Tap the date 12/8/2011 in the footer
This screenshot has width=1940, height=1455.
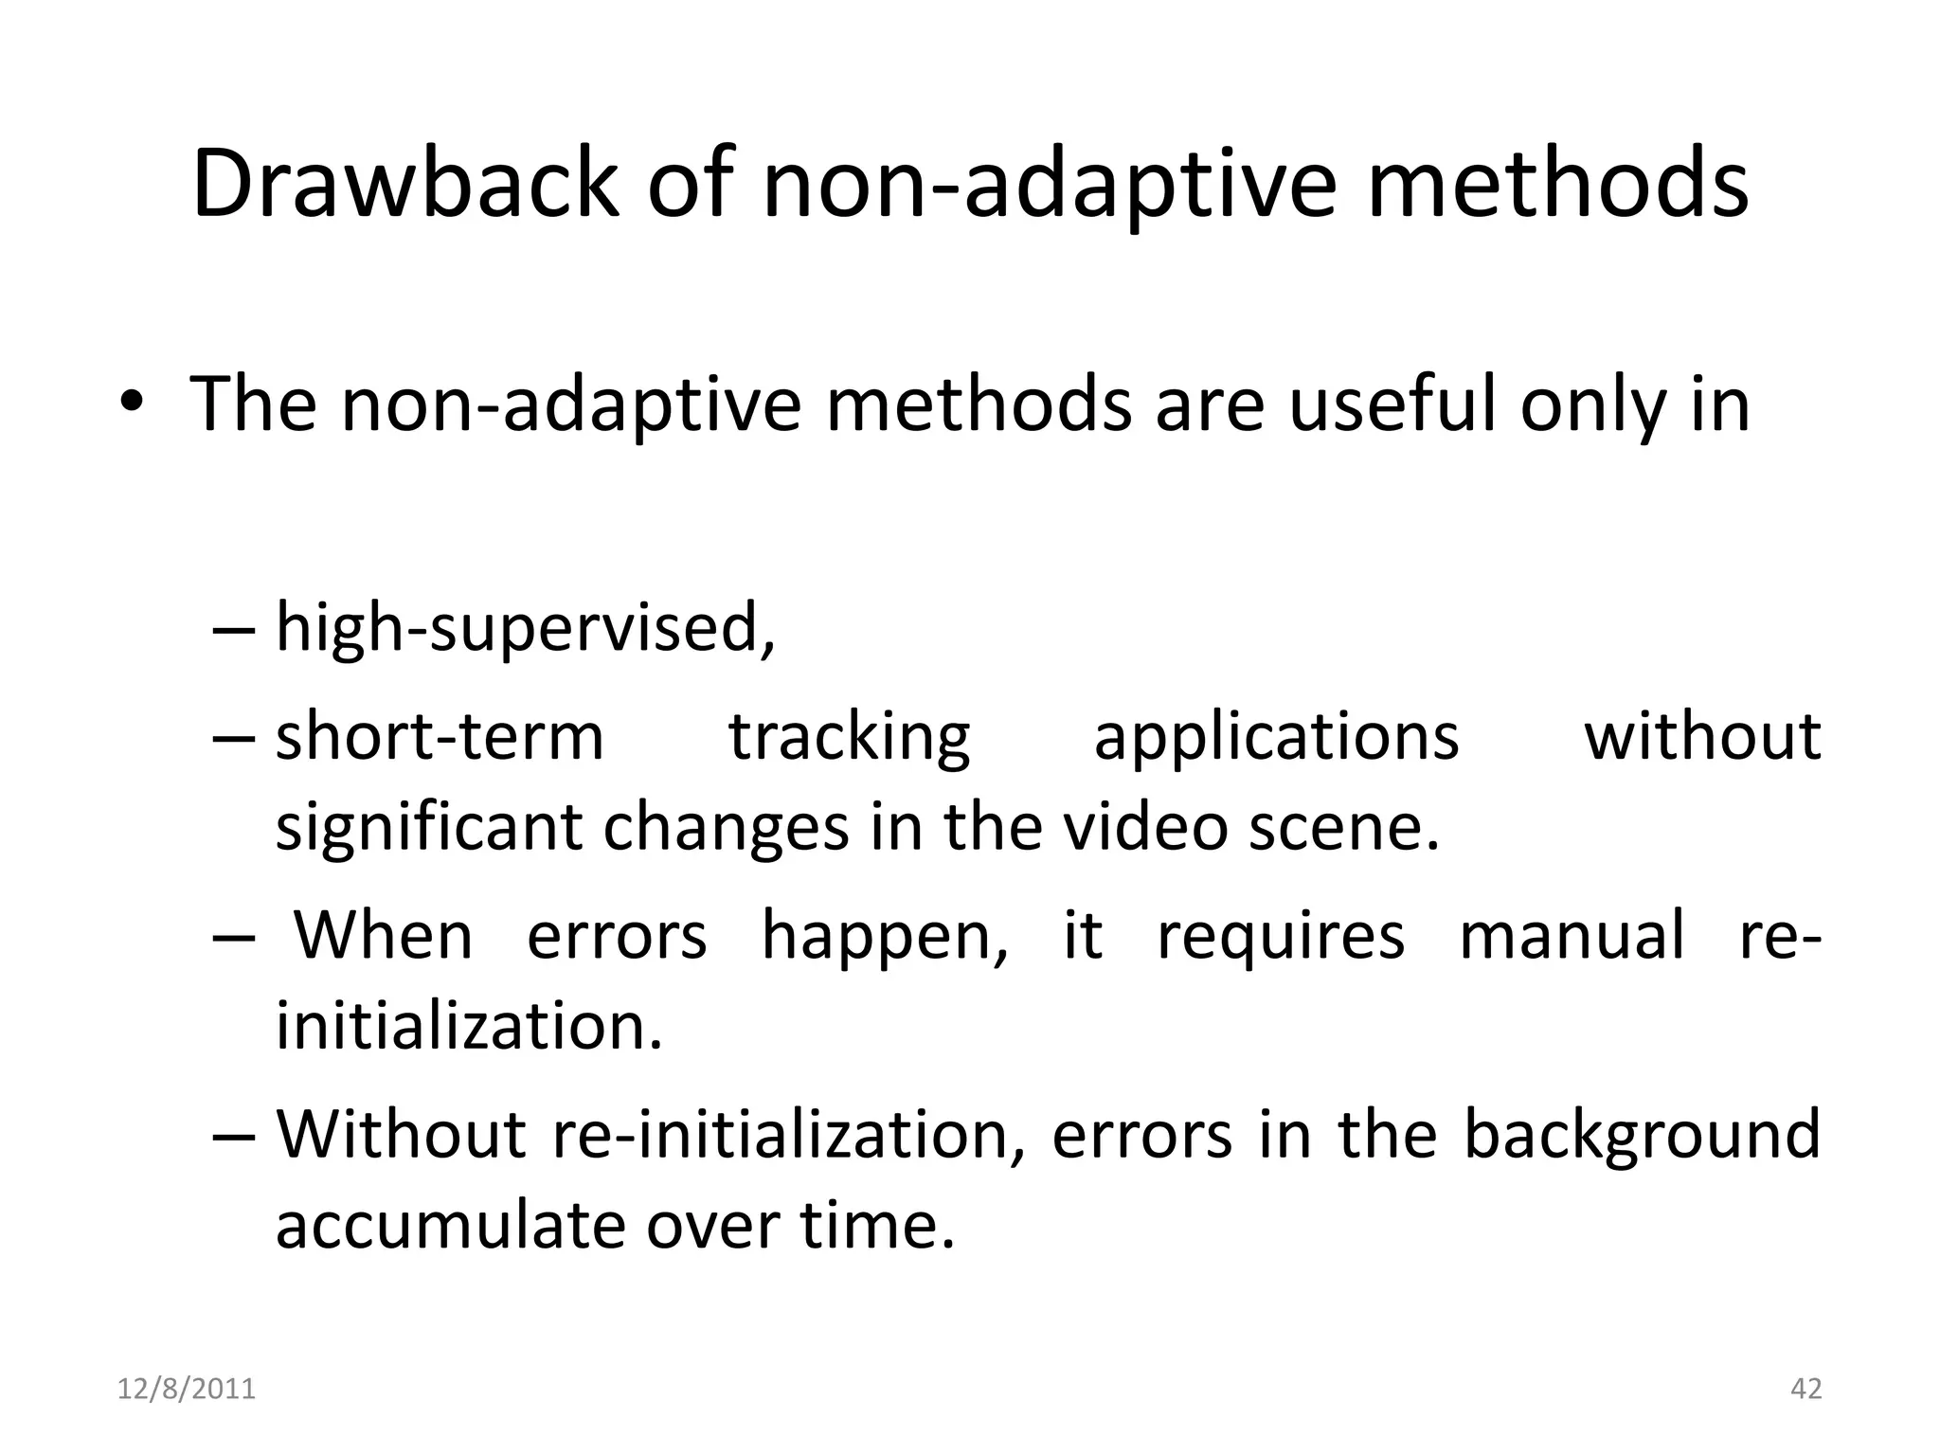click(x=187, y=1389)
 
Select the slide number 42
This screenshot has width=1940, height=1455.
click(x=1806, y=1389)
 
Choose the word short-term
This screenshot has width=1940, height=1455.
click(x=440, y=737)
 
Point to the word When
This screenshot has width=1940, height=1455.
click(x=383, y=935)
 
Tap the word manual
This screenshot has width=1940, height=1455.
click(x=1572, y=935)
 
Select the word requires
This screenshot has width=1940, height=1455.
click(x=1281, y=937)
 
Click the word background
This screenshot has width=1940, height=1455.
click(x=1642, y=1134)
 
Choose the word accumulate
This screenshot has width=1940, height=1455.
click(x=451, y=1224)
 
